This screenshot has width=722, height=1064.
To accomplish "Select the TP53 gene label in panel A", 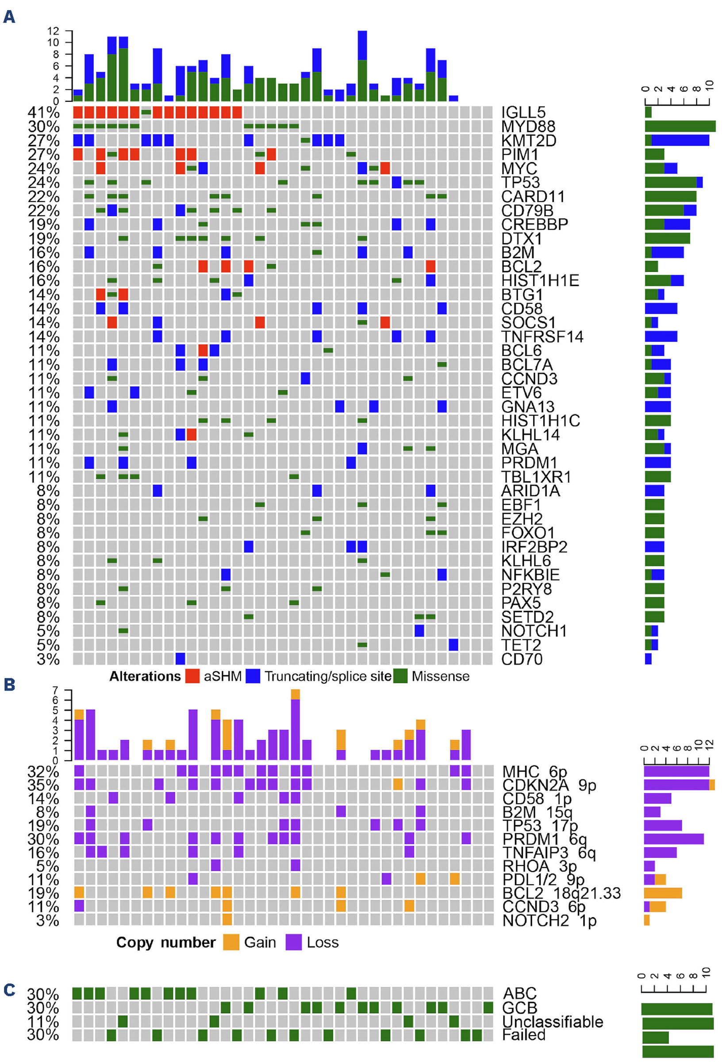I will tap(520, 183).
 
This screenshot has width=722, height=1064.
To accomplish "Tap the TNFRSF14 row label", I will tap(541, 337).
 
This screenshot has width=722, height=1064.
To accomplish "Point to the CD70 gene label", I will tap(522, 659).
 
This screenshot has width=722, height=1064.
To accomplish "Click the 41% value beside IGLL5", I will tap(43, 113).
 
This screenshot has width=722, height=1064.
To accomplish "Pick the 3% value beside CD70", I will tap(48, 659).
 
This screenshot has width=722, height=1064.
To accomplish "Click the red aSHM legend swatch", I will tap(192, 676).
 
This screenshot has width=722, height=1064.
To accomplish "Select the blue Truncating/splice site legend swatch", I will tap(253, 676).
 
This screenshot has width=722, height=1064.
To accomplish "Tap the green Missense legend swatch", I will tap(401, 676).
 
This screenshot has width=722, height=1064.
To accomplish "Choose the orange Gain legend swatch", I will tap(231, 942).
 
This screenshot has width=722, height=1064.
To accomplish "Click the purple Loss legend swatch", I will tap(293, 942).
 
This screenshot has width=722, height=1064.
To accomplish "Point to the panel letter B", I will tap(9, 685).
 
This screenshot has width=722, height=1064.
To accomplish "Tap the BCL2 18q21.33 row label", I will tap(561, 893).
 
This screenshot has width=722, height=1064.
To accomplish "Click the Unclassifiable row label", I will tap(552, 1022).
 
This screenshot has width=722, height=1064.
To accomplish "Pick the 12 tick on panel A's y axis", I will tap(53, 31).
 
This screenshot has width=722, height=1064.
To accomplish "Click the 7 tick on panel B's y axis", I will tap(55, 690).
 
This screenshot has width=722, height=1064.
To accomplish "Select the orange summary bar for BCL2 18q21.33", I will tap(662, 893).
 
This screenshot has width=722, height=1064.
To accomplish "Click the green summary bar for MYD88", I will tap(680, 127).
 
